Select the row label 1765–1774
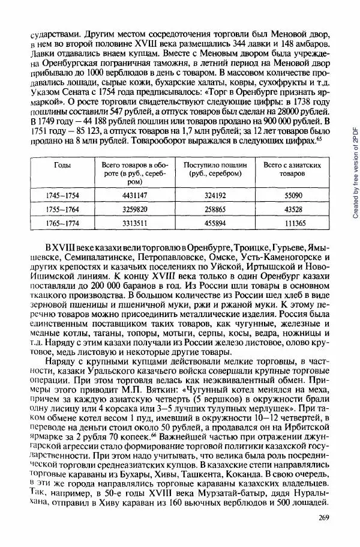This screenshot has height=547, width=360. pyautogui.click(x=62, y=223)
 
